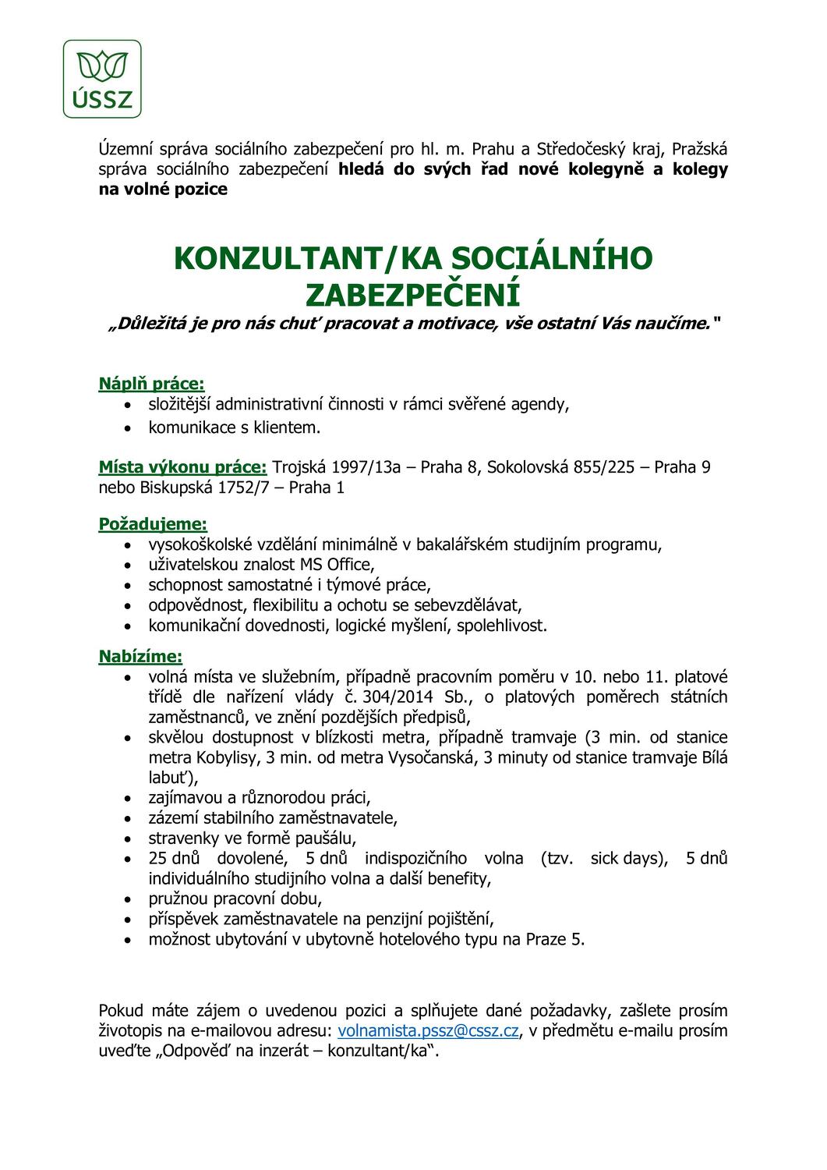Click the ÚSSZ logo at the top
coord(102,79)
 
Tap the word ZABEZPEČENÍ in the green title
coord(412,295)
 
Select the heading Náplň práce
coord(151,384)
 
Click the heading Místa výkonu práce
coord(182,467)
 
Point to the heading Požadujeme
coord(153,524)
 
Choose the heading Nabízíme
coord(140,657)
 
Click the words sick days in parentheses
coord(627,859)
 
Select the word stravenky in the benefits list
coord(182,838)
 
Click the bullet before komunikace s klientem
coord(129,427)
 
